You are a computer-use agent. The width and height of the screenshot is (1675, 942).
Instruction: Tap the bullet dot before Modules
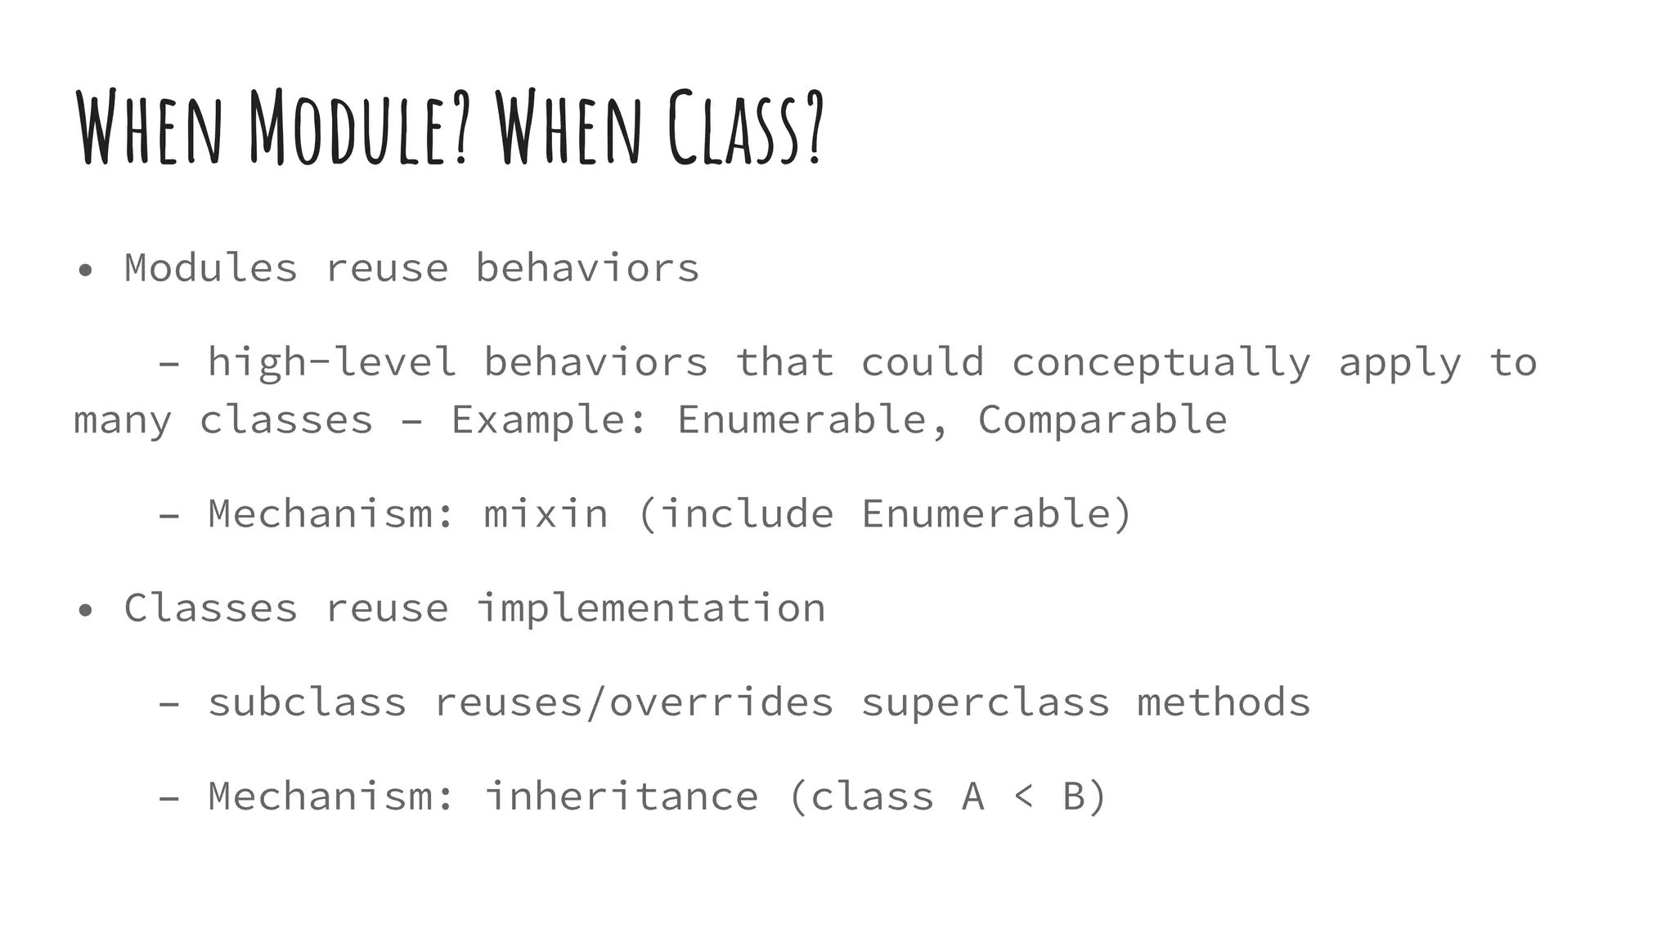pos(85,271)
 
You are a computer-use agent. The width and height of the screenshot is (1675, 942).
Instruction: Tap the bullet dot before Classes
pos(85,610)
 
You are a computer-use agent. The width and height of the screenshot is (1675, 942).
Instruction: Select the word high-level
pos(331,362)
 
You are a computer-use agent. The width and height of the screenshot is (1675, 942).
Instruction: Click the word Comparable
pos(1102,420)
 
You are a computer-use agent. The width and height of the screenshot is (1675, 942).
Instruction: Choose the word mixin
pos(546,514)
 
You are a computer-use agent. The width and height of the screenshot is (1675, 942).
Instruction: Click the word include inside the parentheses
pos(747,514)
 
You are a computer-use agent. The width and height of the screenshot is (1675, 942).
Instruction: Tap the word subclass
pos(307,702)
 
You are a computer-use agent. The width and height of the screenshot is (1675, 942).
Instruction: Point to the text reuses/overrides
pos(633,702)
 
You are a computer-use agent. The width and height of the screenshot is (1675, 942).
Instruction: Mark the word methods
pos(1224,702)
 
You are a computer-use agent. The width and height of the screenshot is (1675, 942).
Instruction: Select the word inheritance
pos(621,796)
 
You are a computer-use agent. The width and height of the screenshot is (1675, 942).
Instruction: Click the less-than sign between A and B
pos(1023,796)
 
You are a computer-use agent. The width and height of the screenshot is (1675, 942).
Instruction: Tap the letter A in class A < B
pos(972,796)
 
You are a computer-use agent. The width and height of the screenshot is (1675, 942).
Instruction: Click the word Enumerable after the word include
pos(985,514)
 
